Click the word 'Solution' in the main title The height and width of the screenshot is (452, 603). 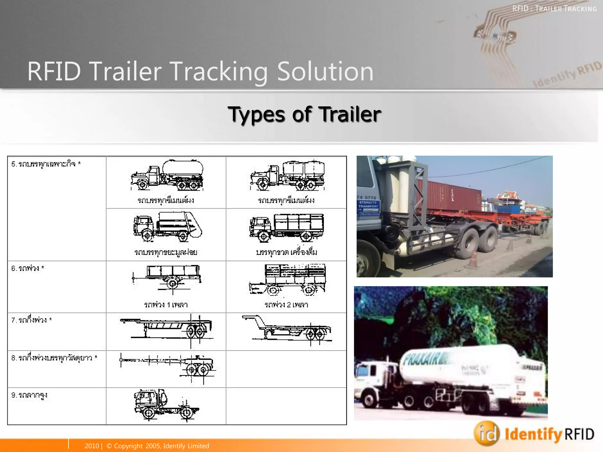(325, 71)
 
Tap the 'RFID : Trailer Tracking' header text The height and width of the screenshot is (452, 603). (554, 9)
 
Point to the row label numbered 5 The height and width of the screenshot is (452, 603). (46, 164)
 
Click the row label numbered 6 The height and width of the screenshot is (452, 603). (28, 268)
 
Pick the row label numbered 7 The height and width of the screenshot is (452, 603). (32, 320)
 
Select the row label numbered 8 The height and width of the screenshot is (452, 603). (54, 358)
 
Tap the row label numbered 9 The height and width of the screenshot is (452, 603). (29, 395)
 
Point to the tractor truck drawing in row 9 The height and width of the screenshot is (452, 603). (166, 405)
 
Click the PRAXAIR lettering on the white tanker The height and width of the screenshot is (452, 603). (426, 359)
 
